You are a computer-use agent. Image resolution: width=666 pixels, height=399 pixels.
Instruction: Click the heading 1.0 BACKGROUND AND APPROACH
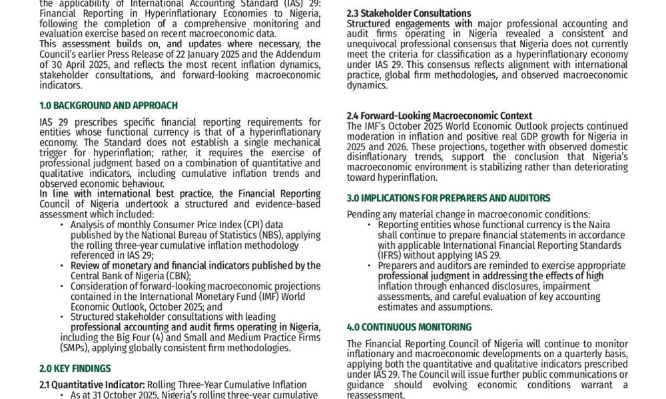tap(109, 105)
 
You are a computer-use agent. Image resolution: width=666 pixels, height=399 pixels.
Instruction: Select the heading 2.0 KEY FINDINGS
tap(75, 368)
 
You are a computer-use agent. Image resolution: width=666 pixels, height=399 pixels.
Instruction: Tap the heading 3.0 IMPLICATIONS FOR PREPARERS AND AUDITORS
tap(448, 198)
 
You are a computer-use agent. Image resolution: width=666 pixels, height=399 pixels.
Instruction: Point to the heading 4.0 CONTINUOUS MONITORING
tap(409, 327)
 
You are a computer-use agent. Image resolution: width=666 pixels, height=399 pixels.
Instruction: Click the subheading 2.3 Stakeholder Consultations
tap(409, 13)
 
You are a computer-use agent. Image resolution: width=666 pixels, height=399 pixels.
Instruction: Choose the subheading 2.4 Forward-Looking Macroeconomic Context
tap(440, 116)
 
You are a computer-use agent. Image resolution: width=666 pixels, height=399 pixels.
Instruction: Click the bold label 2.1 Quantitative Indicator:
tap(92, 384)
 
